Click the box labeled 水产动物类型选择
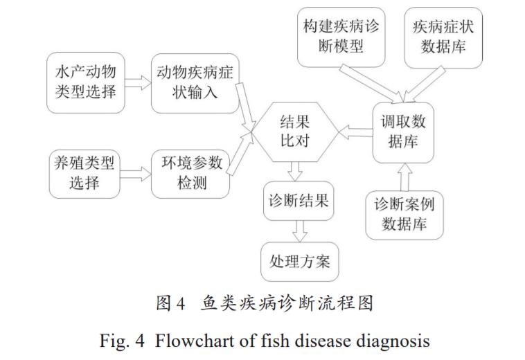point(86,82)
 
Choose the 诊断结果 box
point(298,202)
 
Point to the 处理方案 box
point(299,261)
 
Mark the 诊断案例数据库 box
point(404,215)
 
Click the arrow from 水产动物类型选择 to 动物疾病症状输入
point(139,82)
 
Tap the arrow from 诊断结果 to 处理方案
point(299,231)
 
